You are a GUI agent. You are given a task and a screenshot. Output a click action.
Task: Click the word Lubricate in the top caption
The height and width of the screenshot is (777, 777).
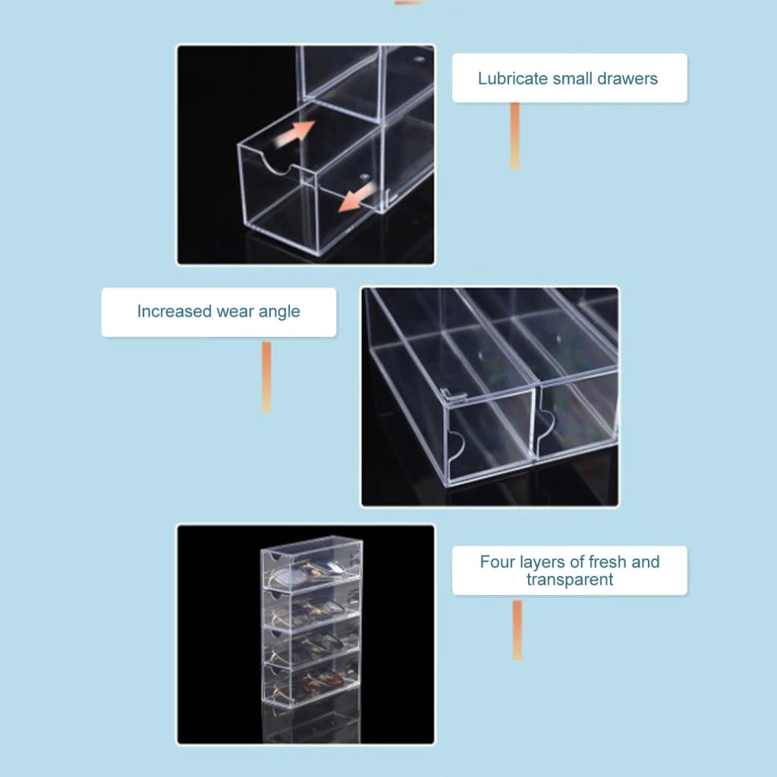(513, 79)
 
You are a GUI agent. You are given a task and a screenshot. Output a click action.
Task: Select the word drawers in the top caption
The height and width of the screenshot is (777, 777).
(628, 79)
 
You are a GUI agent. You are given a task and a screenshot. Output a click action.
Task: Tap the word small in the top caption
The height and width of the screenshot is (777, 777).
(572, 79)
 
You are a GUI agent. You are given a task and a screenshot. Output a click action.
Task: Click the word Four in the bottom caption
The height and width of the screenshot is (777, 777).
(498, 562)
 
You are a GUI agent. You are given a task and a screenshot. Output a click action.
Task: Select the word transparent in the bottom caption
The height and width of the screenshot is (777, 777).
(570, 580)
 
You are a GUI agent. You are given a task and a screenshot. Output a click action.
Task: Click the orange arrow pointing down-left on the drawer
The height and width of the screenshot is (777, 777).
(357, 197)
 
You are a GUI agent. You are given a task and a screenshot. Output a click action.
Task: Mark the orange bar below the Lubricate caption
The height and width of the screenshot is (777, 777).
(515, 137)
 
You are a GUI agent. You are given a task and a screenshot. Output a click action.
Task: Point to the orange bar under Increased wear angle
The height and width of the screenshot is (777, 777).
(266, 376)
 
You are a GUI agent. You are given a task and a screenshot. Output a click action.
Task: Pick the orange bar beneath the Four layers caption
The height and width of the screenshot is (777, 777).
(517, 630)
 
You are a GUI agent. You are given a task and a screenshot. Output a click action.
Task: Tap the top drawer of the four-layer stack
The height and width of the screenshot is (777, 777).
(311, 565)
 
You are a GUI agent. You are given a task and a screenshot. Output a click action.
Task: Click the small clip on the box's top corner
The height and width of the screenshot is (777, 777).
(454, 395)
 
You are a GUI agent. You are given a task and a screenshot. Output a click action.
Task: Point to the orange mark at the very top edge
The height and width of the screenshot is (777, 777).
(409, 2)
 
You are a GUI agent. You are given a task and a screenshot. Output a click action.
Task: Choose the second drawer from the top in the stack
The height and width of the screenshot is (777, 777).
(312, 606)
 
